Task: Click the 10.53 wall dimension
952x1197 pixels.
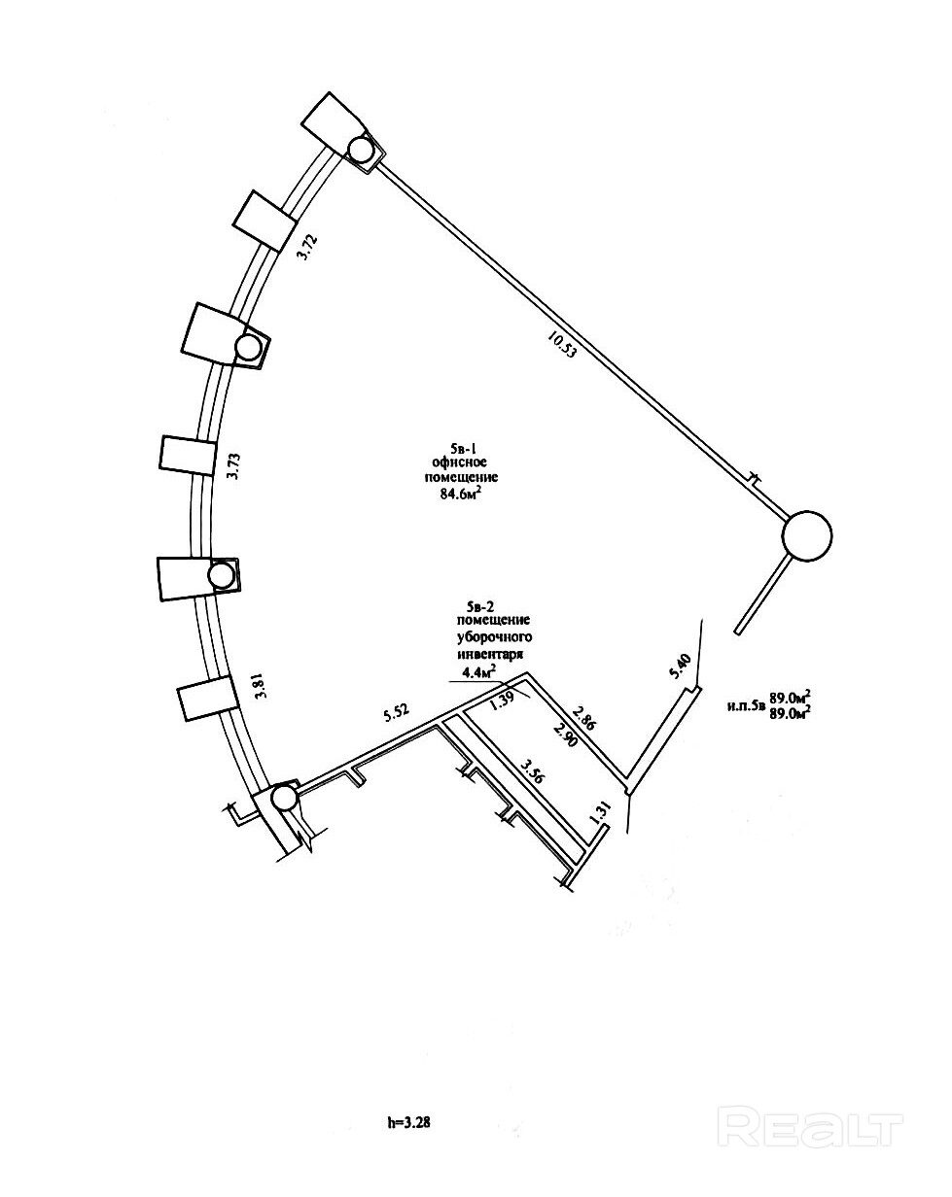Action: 562,346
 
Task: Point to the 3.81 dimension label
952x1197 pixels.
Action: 259,687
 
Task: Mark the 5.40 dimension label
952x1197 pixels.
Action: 683,667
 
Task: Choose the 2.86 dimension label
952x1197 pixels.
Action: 585,719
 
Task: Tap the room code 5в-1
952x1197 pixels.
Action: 454,447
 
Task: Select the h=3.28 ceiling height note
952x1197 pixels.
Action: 409,1122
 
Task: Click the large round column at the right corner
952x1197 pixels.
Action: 808,535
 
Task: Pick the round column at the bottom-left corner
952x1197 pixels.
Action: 284,799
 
